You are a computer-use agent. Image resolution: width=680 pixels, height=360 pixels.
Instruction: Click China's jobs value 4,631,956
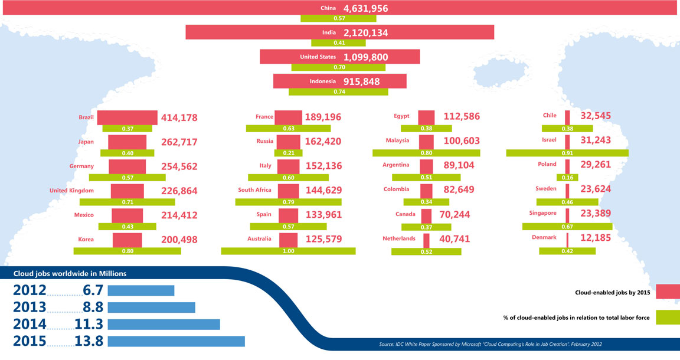tap(365, 8)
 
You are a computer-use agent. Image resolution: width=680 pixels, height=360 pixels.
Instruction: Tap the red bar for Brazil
tap(127, 117)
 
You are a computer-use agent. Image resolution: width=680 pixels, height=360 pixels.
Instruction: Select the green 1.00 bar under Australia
tap(288, 251)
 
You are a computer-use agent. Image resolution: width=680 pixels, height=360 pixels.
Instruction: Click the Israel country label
tap(549, 141)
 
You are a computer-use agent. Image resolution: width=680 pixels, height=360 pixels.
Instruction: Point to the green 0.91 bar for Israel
tap(567, 153)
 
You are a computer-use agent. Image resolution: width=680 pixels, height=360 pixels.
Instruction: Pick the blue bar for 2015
tap(176, 341)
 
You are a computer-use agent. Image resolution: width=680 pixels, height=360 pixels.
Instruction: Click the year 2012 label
tap(29, 290)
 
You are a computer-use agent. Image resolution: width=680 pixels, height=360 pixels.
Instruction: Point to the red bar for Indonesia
tap(340, 81)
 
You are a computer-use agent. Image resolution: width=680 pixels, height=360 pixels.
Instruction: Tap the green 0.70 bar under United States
tap(339, 67)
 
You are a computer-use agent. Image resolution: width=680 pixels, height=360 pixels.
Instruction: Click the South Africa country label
tap(254, 190)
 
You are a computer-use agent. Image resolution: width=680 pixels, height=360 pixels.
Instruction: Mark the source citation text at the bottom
tap(489, 344)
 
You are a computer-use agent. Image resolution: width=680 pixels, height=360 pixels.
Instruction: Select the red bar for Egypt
tap(426, 117)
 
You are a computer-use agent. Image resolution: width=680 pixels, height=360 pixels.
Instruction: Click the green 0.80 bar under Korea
tap(127, 251)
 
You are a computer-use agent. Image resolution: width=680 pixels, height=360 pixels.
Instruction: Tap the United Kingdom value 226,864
tap(179, 191)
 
